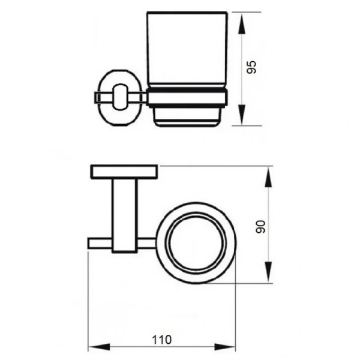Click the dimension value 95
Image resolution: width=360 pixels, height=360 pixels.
coord(251,67)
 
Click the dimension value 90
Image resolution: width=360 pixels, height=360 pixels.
coord(260,227)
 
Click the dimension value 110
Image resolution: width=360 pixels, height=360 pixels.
coord(161,340)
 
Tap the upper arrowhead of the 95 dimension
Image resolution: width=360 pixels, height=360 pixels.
coord(242,23)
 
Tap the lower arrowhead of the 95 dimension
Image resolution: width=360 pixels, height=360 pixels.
coord(242,115)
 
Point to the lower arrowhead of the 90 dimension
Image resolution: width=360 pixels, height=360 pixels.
coord(269,272)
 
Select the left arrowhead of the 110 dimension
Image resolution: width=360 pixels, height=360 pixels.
coord(99,347)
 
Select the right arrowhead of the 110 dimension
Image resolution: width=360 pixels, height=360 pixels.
coord(224,347)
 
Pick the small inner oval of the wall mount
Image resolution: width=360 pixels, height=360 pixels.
coord(120,97)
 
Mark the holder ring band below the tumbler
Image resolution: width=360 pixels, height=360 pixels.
coord(187,98)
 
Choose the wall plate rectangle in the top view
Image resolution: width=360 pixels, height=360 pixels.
coord(124,172)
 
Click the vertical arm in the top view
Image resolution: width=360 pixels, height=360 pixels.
coord(125,216)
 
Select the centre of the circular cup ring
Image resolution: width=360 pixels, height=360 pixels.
coord(196,243)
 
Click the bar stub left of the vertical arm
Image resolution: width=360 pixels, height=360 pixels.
coord(100,244)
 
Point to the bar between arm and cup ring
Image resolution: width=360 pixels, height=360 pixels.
coord(147,244)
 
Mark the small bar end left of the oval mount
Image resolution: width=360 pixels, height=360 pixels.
coord(97,98)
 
